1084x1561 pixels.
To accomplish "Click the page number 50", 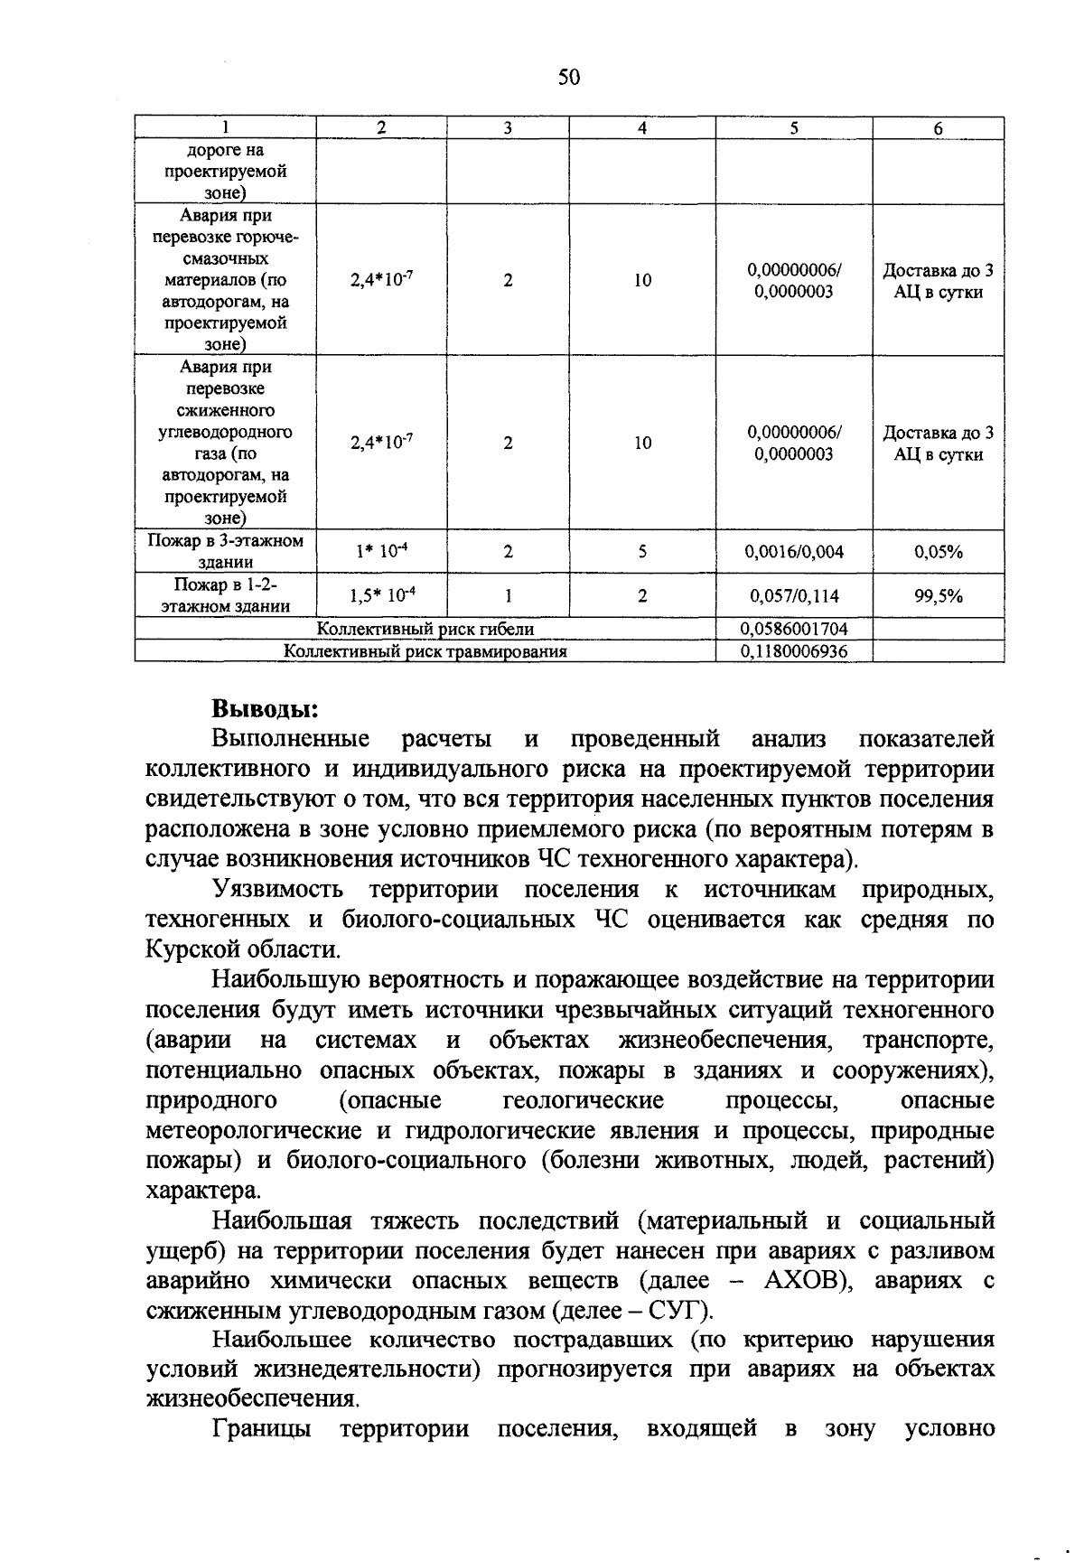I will point(569,78).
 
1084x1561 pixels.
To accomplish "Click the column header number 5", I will point(793,128).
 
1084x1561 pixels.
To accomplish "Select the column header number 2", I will point(381,128).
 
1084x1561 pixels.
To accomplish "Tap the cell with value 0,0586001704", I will point(793,629).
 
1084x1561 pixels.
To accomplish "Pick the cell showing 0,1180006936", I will point(793,650).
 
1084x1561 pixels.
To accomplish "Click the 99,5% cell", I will point(938,595).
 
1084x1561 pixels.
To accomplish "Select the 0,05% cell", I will point(938,551).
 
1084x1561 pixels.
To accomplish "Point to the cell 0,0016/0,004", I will point(793,551).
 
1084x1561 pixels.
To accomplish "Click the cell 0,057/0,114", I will point(793,595).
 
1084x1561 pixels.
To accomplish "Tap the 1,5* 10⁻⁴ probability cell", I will point(381,595).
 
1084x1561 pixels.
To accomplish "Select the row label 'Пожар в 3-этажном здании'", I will point(225,551).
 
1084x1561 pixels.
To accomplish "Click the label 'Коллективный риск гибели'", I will point(425,629).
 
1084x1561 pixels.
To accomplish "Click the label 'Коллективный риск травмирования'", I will point(425,650).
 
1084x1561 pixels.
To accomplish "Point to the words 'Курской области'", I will point(243,949).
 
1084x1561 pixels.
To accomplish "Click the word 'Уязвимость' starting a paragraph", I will point(277,889).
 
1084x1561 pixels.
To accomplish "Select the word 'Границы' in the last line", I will point(262,1429).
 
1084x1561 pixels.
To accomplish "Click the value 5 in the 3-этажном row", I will point(641,551).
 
